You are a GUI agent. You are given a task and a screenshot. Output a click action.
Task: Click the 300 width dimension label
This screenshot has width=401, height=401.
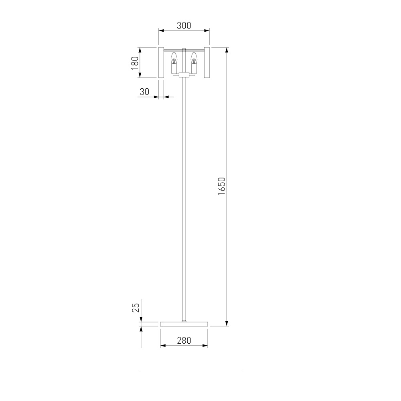(x=184, y=26)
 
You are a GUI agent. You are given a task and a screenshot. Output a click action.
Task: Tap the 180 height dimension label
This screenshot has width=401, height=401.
(x=134, y=63)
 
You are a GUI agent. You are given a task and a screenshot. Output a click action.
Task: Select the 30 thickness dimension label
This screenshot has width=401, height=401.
(x=144, y=91)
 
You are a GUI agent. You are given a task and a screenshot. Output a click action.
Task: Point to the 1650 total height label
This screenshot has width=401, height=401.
(x=221, y=186)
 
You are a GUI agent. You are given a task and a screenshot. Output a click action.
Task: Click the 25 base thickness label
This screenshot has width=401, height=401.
(x=136, y=308)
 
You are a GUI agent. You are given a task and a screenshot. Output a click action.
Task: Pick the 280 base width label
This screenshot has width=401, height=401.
(x=184, y=340)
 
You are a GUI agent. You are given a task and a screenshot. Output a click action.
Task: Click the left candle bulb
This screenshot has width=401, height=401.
(x=174, y=58)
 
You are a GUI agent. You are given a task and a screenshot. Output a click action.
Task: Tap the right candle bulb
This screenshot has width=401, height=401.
(x=194, y=58)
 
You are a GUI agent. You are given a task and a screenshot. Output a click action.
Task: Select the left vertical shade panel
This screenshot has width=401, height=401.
(x=161, y=63)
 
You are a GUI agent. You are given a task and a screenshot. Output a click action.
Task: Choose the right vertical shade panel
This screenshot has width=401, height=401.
(x=207, y=63)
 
